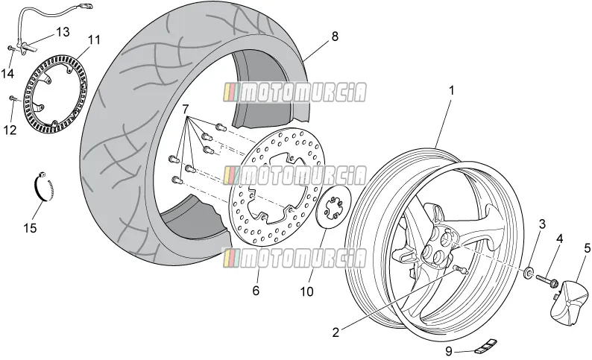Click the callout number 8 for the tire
tap(335, 37)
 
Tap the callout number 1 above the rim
tap(451, 91)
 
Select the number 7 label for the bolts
tap(185, 110)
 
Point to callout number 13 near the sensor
tap(63, 32)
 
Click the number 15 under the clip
tap(31, 228)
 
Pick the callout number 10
tap(307, 291)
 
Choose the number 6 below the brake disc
tap(256, 291)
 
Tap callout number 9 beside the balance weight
tap(449, 351)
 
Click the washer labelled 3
tap(528, 273)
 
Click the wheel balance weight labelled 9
tap(486, 346)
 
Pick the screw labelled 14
tap(11, 48)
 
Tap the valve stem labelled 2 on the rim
tap(460, 269)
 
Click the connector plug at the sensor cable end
tap(86, 6)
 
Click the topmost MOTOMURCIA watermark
tap(295, 92)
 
